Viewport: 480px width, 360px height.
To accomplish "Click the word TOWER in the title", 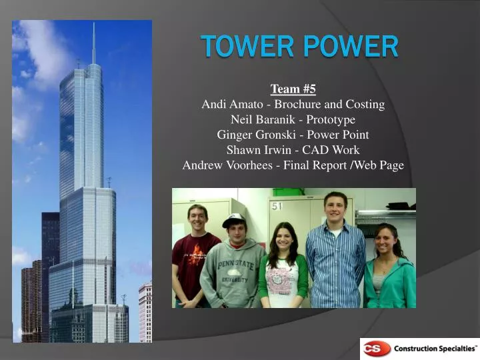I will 240,47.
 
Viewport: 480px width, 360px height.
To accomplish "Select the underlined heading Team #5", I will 293,89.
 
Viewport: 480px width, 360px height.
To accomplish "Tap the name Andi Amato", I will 230,105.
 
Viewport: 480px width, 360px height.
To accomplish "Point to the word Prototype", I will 331,120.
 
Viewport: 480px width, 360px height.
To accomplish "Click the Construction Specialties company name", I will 435,349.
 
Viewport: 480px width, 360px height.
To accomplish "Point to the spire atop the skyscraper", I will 94,43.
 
